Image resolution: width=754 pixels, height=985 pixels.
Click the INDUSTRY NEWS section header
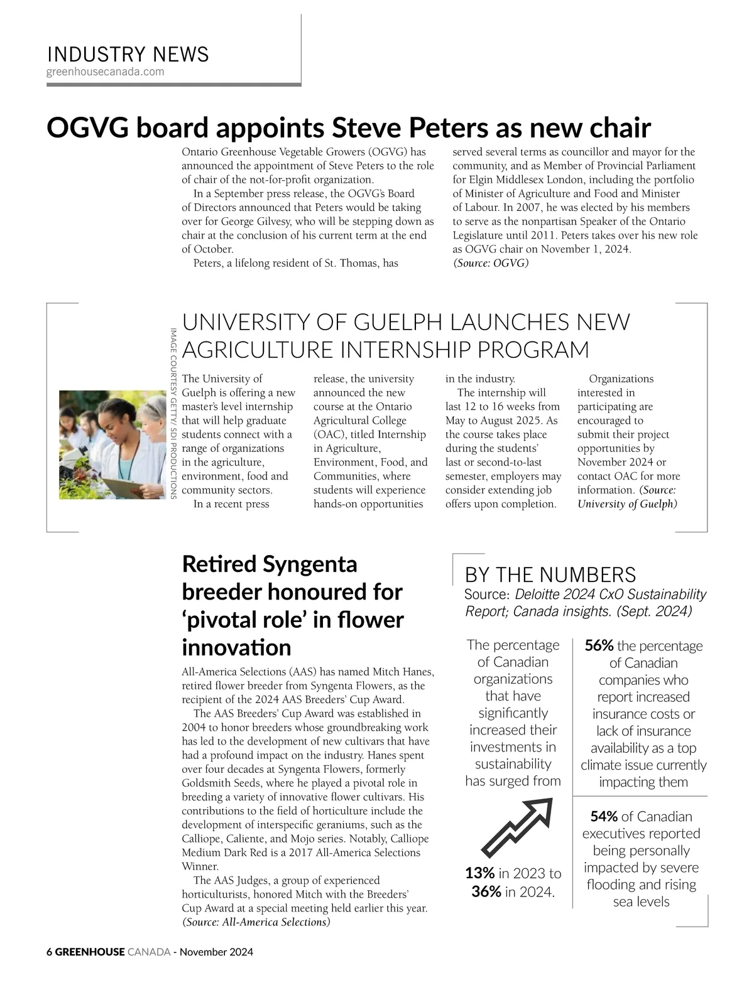point(128,55)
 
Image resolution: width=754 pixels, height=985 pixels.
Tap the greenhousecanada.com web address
point(105,72)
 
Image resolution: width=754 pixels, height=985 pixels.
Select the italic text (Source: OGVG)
point(491,263)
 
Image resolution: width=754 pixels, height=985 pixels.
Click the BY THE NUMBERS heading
point(550,574)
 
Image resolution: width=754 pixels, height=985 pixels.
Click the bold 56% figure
point(599,646)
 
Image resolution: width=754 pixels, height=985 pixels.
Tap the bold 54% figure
point(604,817)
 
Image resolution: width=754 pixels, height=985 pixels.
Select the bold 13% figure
point(479,873)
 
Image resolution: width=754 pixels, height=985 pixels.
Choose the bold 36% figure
point(486,891)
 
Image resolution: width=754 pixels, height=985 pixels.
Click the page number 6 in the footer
point(49,952)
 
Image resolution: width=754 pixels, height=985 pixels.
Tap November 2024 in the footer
point(216,952)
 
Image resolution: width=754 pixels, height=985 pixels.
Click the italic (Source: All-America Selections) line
point(256,922)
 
